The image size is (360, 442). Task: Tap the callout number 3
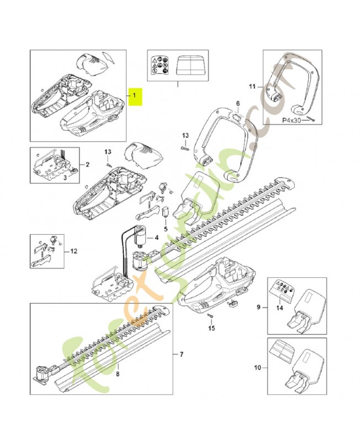65,177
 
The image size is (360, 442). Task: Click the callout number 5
165,228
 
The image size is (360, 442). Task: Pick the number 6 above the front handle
238,103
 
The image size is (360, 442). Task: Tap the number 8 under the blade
117,373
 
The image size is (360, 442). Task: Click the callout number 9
258,306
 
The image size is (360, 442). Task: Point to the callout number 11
253,87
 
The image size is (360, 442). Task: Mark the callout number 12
74,251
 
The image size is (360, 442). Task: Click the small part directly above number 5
165,212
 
